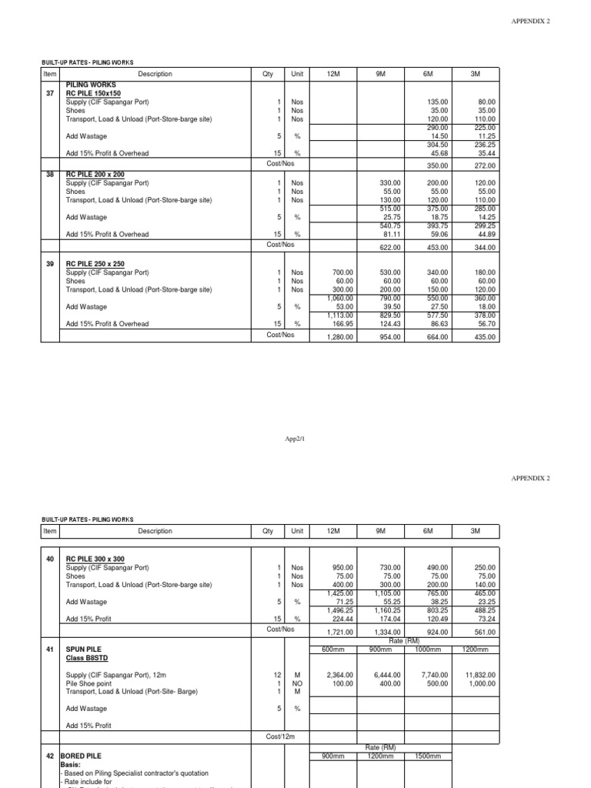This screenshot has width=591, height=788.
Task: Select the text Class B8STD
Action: (x=88, y=659)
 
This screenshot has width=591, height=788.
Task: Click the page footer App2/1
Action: (x=295, y=437)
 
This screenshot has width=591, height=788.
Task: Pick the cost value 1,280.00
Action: (x=339, y=337)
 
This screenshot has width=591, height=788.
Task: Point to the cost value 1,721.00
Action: (x=339, y=633)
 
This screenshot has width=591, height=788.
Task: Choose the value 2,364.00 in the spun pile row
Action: (x=339, y=675)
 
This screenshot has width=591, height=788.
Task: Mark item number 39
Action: (x=50, y=264)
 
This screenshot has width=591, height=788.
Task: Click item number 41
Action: (x=50, y=650)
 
